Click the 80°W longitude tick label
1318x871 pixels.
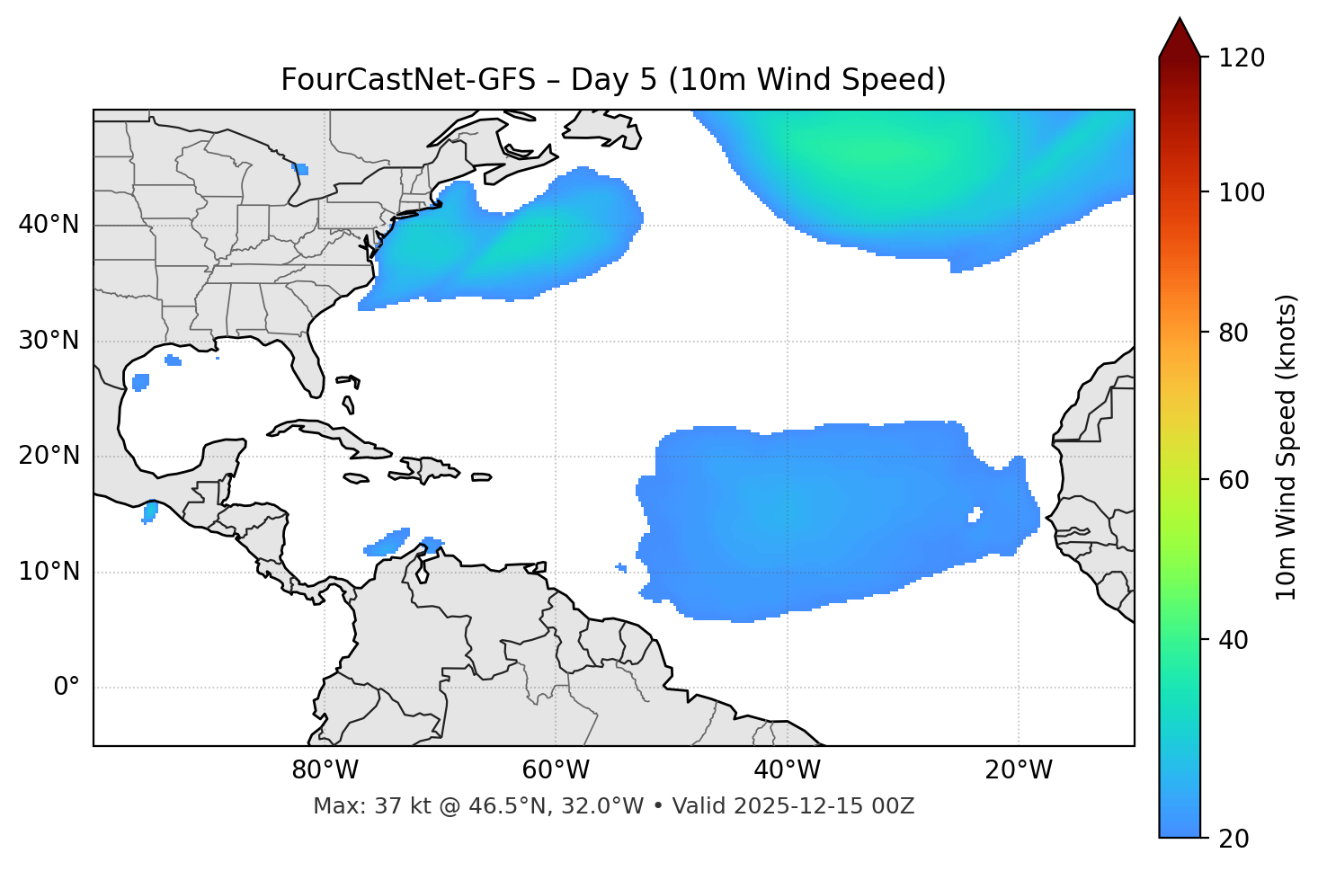pyautogui.click(x=325, y=770)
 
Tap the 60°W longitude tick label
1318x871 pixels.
pyautogui.click(x=556, y=770)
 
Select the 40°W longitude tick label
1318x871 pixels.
pyautogui.click(x=787, y=770)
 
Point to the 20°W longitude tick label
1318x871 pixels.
pyautogui.click(x=1018, y=770)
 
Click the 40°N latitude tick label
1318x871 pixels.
pyautogui.click(x=49, y=225)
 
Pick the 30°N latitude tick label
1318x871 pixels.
pyautogui.click(x=49, y=341)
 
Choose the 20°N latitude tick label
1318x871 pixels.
pyautogui.click(x=49, y=456)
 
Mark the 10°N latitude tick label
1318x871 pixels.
pyautogui.click(x=49, y=572)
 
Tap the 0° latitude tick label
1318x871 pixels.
pyautogui.click(x=67, y=688)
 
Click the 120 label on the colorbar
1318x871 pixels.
pyautogui.click(x=1242, y=58)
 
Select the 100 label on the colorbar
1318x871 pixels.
pyautogui.click(x=1242, y=192)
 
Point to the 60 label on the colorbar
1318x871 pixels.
pyautogui.click(x=1235, y=480)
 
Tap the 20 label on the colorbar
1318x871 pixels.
pyautogui.click(x=1235, y=839)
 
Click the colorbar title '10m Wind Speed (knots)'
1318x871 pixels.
pyautogui.click(x=1287, y=447)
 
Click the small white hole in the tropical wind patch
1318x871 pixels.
pyautogui.click(x=975, y=515)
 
